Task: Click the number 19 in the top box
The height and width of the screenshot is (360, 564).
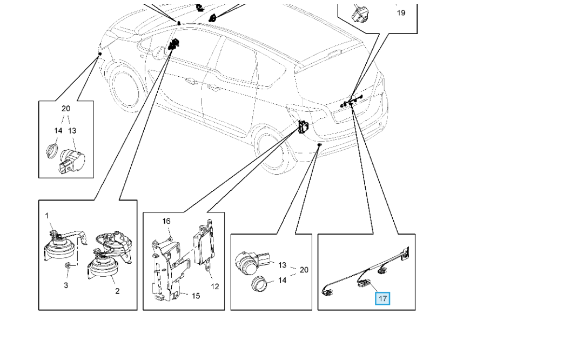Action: click(401, 12)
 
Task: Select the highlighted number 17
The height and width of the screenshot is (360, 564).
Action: click(382, 298)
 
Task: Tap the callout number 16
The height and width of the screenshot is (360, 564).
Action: click(166, 221)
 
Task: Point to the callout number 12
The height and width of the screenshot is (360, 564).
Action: click(215, 286)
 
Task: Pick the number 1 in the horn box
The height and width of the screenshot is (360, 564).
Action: click(47, 216)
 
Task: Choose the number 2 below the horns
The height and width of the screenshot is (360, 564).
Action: click(117, 291)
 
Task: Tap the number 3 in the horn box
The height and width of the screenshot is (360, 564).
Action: click(66, 285)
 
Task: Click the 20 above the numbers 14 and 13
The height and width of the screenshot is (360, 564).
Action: click(66, 109)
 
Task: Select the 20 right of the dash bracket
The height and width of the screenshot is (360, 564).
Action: click(304, 270)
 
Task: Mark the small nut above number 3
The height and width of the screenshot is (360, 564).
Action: click(67, 267)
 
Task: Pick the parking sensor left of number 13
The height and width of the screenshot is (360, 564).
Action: click(252, 262)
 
